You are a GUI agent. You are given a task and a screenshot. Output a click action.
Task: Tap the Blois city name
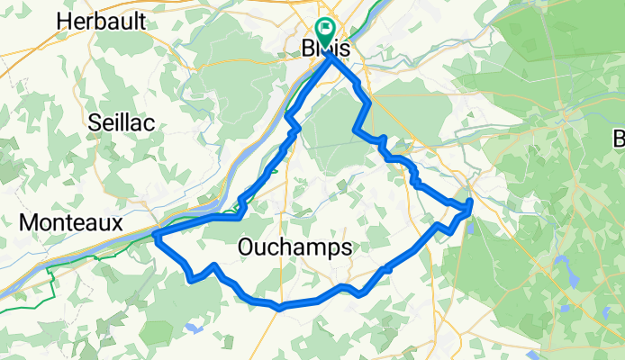coord(322,52)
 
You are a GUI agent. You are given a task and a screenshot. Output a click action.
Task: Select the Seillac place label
coord(122,123)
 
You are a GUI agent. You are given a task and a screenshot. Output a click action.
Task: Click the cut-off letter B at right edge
coord(620,139)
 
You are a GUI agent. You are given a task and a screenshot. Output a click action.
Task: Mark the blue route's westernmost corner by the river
coord(155,236)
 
